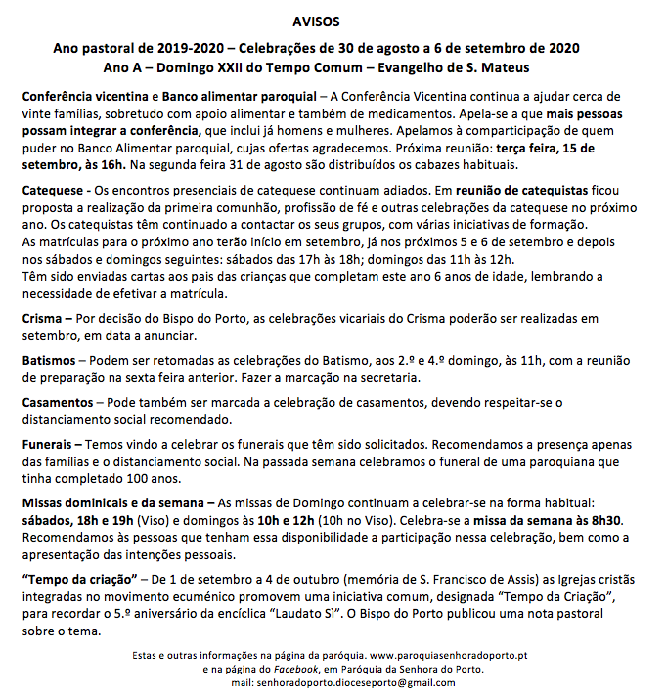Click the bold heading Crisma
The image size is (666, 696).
pyautogui.click(x=44, y=319)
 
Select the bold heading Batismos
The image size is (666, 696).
pyautogui.click(x=50, y=361)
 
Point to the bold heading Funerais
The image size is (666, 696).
pyautogui.click(x=49, y=445)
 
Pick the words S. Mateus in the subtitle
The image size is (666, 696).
pyautogui.click(x=502, y=67)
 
